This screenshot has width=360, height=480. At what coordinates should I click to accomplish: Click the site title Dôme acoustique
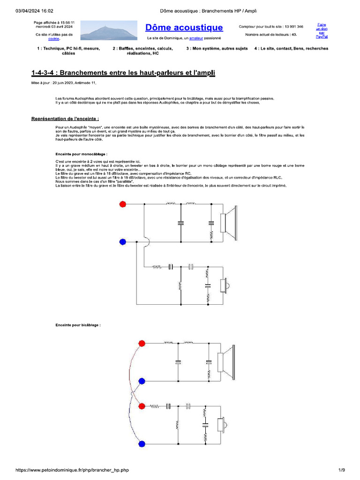(x=184, y=28)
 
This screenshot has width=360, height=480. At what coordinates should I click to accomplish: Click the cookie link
(x=54, y=39)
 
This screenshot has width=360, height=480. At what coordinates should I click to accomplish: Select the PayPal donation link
(x=322, y=30)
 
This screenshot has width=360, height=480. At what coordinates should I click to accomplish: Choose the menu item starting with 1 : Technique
(x=68, y=51)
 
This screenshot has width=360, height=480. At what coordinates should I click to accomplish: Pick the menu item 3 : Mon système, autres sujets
(x=217, y=48)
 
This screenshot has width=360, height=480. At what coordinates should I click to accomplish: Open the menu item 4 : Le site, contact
(x=291, y=48)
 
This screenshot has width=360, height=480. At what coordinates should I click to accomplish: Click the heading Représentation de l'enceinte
(x=65, y=119)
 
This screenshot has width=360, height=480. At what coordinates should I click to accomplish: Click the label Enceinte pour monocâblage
(x=81, y=153)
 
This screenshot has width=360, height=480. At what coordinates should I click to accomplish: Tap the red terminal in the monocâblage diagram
(x=123, y=204)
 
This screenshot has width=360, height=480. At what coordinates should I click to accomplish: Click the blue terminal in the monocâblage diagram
(x=123, y=241)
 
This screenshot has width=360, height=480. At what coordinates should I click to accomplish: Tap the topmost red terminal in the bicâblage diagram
(x=142, y=343)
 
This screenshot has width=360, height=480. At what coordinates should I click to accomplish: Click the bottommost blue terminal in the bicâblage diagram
(x=142, y=443)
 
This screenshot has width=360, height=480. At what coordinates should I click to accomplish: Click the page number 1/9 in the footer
(x=342, y=470)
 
